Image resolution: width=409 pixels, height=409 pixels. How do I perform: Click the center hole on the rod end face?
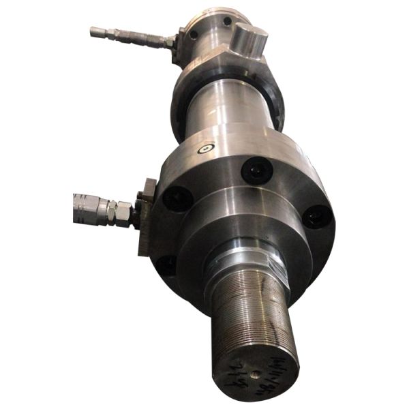pos(254,373)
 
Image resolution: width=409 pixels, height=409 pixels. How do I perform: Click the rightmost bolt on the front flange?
pos(316,217)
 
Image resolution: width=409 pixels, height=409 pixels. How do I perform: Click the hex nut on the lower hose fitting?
pos(123,211)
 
